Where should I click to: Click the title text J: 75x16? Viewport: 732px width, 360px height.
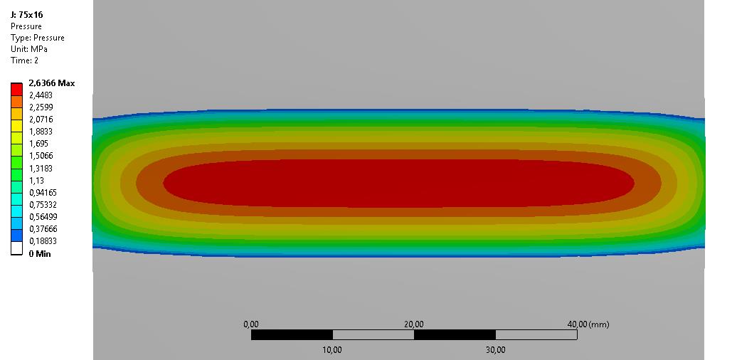tap(26, 14)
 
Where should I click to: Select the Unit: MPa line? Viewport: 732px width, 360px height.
tap(29, 49)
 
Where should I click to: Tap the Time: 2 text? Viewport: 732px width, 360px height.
tap(24, 60)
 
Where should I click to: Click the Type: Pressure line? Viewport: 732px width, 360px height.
tap(37, 38)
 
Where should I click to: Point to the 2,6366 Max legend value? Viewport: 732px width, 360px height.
tap(51, 83)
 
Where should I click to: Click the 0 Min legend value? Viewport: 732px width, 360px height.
tap(40, 254)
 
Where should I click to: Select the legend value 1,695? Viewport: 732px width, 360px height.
tap(38, 144)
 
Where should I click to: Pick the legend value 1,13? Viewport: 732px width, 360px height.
tap(36, 180)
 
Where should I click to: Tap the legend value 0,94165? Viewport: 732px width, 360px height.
tap(42, 192)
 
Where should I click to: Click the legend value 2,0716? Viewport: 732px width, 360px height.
tap(41, 120)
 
